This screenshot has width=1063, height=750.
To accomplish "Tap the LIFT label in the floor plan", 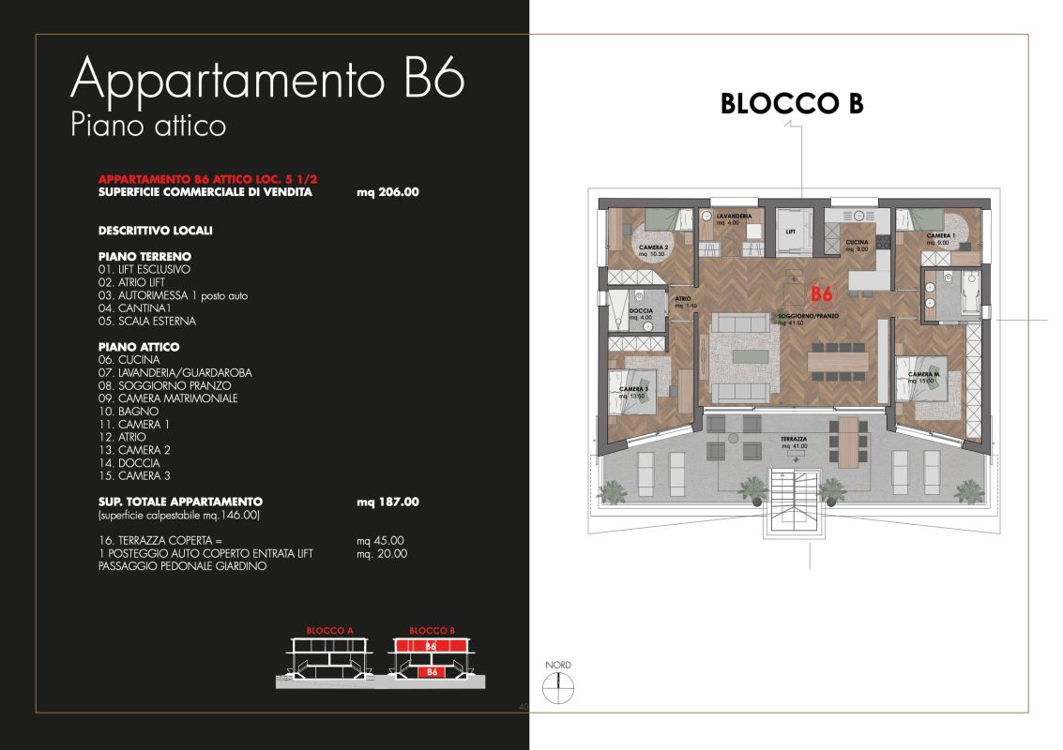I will [791, 230].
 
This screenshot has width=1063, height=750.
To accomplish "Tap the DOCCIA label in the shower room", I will [642, 313].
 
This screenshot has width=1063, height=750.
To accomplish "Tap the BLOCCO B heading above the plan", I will [791, 104].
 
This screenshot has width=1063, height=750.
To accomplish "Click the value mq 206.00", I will [387, 191].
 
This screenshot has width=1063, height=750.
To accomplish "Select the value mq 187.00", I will [387, 502].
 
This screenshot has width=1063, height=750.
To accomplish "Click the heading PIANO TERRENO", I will [144, 256].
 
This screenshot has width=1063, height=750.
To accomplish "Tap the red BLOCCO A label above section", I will [329, 631].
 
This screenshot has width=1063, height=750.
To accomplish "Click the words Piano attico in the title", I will [148, 125].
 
